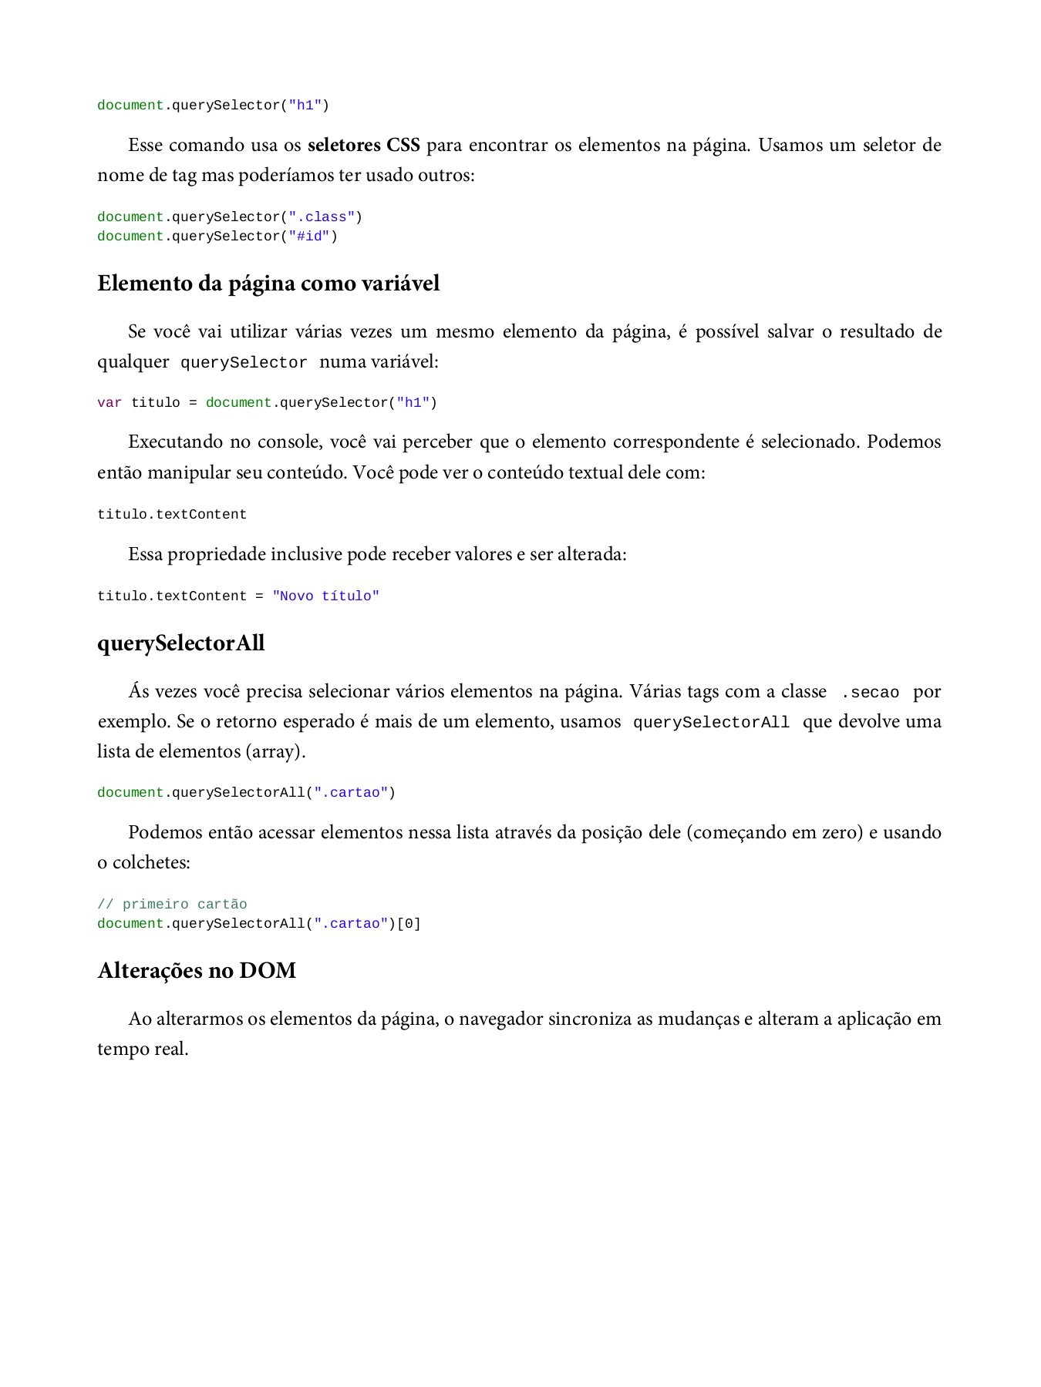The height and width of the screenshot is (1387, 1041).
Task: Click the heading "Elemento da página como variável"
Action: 268,284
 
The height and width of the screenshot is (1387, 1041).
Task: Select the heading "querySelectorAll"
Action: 180,643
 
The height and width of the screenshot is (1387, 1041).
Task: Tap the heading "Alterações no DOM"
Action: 197,970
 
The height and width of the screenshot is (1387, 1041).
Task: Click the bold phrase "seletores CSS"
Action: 363,145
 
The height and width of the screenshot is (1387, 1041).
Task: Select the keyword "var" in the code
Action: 109,403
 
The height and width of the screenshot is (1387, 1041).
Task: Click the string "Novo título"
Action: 326,596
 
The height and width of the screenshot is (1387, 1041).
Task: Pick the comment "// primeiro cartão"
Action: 172,905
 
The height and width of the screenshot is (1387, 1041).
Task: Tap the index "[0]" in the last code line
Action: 409,924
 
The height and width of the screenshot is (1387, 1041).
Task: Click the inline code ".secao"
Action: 870,693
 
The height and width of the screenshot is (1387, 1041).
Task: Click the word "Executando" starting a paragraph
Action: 175,442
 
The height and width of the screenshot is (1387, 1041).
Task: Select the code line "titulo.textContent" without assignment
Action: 172,515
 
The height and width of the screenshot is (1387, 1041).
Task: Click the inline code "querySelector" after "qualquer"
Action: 244,363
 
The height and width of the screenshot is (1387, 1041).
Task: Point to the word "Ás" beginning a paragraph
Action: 139,691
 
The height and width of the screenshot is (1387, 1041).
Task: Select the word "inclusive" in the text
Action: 306,554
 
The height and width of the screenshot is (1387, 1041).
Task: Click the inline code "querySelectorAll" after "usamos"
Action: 711,723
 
